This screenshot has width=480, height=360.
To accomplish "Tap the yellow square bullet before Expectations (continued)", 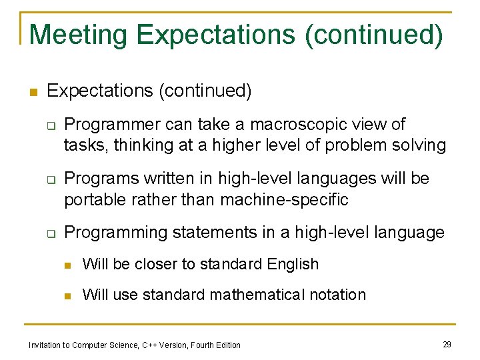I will click(x=33, y=92).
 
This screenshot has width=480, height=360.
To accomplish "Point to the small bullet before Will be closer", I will click(x=67, y=265).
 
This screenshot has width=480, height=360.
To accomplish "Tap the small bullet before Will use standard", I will click(x=67, y=295).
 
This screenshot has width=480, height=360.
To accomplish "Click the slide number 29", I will click(x=447, y=344).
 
